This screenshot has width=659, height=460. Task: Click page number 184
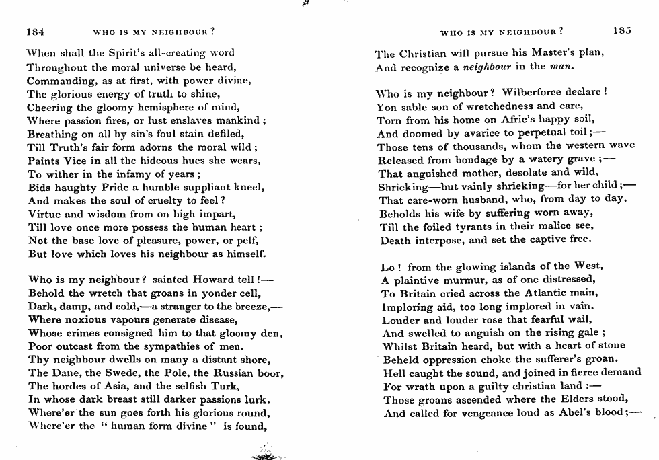[36, 30]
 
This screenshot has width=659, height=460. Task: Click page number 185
[622, 30]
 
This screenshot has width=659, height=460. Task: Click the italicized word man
[559, 66]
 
